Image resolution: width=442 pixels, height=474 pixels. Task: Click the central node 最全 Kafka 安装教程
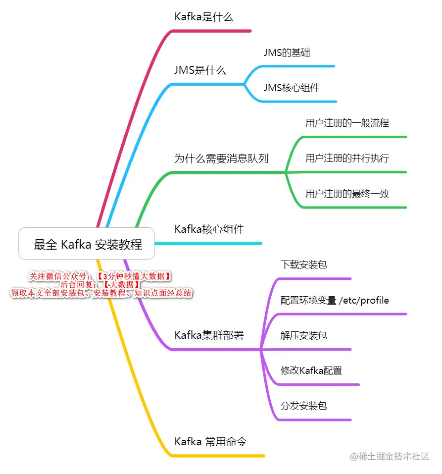pyautogui.click(x=87, y=244)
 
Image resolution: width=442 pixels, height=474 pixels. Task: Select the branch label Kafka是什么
pyautogui.click(x=203, y=17)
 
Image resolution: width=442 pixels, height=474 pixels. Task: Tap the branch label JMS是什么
pyautogui.click(x=200, y=70)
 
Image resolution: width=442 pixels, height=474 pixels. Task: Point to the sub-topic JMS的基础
pyautogui.click(x=287, y=53)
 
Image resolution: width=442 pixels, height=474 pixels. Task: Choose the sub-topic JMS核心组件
pyautogui.click(x=291, y=88)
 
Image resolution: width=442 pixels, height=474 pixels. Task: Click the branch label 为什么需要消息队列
pyautogui.click(x=221, y=158)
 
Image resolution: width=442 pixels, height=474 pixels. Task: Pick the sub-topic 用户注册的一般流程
pyautogui.click(x=347, y=123)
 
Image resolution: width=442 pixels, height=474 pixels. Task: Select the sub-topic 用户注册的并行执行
pyautogui.click(x=347, y=158)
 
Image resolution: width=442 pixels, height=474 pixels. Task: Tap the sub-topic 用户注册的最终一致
pyautogui.click(x=347, y=194)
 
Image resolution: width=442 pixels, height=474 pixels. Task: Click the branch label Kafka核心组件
pyautogui.click(x=209, y=229)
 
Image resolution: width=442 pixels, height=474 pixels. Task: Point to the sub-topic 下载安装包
pyautogui.click(x=303, y=265)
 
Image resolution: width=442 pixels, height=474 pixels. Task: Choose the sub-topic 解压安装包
pyautogui.click(x=303, y=336)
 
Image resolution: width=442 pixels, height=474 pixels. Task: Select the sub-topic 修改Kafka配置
pyautogui.click(x=311, y=370)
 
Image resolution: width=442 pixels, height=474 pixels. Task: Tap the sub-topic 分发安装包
pyautogui.click(x=303, y=406)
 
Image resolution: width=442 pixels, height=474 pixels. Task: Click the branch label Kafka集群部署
pyautogui.click(x=209, y=335)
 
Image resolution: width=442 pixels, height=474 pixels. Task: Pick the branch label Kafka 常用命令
pyautogui.click(x=210, y=441)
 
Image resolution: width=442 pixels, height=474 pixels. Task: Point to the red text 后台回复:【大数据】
pyautogui.click(x=100, y=285)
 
